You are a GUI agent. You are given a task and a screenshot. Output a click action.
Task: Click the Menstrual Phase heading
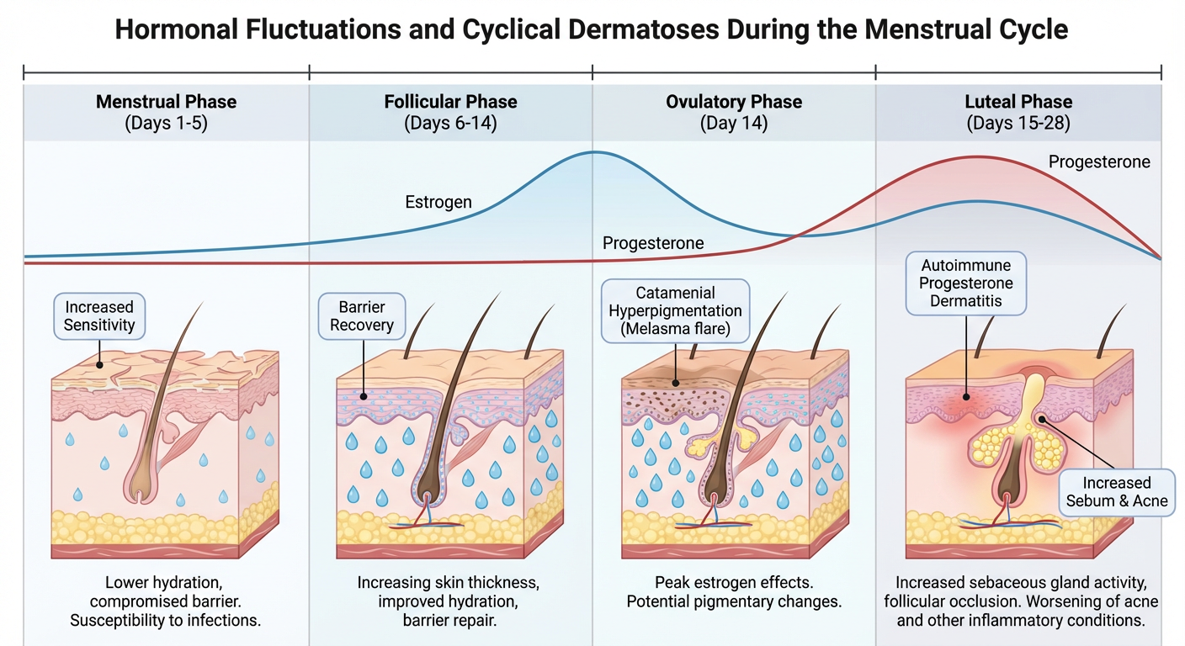166,102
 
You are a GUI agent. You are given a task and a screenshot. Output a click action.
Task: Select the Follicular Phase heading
450,102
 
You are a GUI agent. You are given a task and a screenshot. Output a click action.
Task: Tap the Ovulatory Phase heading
734,102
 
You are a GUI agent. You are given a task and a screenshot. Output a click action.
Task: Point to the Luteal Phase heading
1018,102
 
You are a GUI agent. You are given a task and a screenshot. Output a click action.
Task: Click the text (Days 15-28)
1018,123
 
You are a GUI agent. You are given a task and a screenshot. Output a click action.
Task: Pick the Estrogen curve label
438,202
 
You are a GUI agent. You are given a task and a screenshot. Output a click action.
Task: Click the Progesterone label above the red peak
1099,161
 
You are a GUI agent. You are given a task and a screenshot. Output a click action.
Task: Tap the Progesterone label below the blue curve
653,243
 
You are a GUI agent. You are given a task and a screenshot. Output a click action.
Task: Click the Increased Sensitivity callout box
99,316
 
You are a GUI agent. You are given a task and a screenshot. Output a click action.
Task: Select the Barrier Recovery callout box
361,316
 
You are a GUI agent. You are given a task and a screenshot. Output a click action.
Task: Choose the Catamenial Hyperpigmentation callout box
676,311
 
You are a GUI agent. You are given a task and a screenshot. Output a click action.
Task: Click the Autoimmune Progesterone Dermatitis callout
966,283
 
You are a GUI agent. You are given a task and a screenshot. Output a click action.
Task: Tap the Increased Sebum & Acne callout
1117,492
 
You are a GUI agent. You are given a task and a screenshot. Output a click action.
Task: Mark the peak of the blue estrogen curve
594,152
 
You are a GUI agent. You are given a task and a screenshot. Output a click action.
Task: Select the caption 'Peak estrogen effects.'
733,582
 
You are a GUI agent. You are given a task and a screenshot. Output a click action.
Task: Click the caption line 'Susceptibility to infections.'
167,622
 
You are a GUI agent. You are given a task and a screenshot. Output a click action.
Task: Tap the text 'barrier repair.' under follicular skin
449,622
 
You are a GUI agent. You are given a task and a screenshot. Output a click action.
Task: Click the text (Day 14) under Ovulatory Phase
734,123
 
